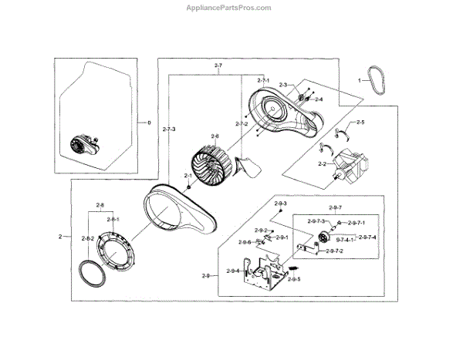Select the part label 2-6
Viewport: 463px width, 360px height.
coord(215,136)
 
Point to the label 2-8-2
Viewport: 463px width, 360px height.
coord(87,239)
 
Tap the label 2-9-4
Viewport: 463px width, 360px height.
coord(232,271)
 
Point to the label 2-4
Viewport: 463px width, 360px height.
coord(318,99)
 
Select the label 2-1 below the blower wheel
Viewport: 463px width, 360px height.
coord(188,177)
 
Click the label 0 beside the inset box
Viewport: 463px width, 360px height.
coord(150,123)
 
